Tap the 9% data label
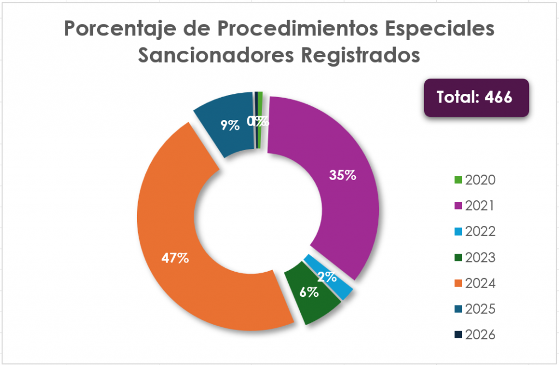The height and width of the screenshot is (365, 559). [230, 125]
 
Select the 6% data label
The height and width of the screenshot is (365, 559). [309, 292]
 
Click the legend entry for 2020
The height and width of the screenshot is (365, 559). [474, 180]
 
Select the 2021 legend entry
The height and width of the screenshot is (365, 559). [474, 206]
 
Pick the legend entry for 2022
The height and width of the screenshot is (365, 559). [474, 231]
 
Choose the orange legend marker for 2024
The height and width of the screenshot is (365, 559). [459, 283]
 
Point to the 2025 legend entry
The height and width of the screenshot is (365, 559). [474, 309]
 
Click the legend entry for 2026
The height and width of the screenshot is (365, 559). [474, 334]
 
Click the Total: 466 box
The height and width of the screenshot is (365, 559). [476, 98]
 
